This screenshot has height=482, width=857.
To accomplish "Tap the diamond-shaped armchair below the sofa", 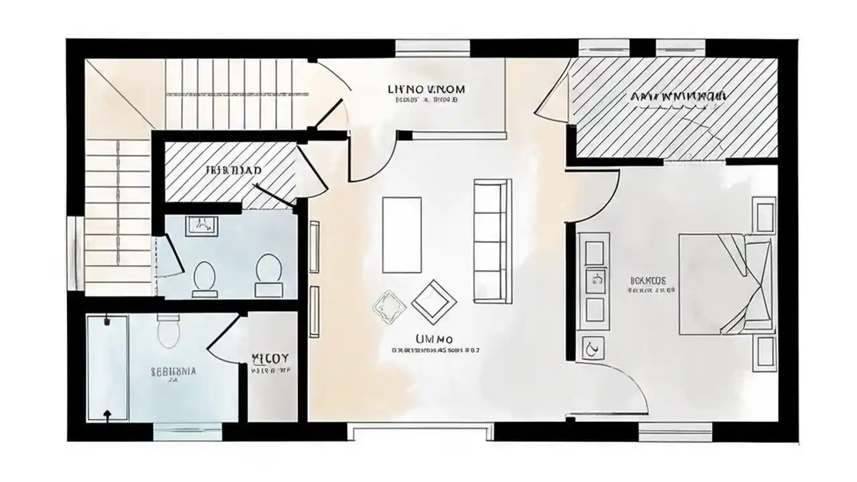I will pos(431,299).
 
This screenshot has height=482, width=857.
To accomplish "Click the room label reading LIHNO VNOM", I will pos(426,89).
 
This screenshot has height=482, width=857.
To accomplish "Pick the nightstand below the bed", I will pos(763,353).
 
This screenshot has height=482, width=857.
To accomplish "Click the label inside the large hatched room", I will pos(678,96).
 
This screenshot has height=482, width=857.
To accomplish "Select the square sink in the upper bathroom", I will pos(200,227).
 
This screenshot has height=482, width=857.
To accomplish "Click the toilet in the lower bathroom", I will pos(168,332).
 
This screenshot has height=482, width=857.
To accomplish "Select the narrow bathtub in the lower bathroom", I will pos(107,368).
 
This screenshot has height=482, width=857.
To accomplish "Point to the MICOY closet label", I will pos(270,358).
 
